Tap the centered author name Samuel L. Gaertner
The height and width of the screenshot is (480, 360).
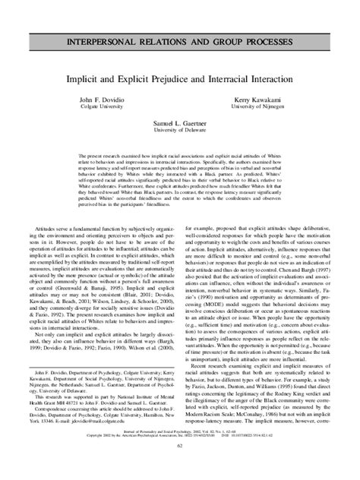point(180,123)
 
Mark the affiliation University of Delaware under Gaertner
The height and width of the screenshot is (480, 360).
point(180,130)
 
